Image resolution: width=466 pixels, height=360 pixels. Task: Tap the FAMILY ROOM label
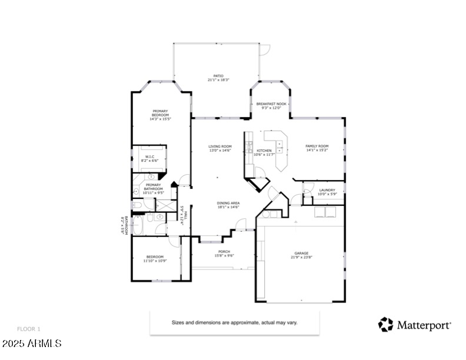317,148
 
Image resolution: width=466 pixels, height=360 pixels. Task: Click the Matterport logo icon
385,324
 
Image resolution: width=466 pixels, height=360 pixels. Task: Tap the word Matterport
424,325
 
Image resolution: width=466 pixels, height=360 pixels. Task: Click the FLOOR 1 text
28,329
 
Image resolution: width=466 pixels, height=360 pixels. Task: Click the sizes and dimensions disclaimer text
235,323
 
